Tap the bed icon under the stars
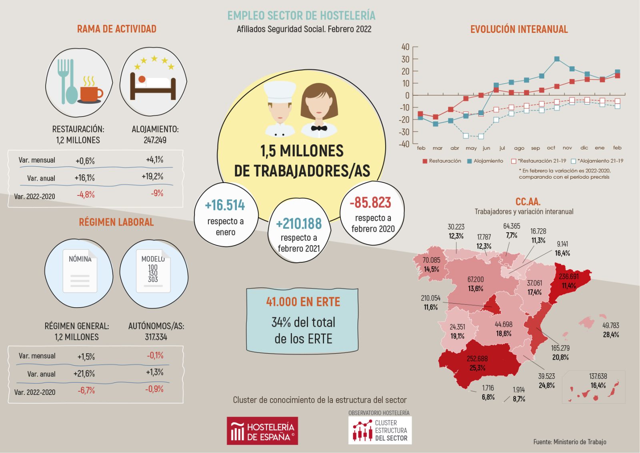tap(153, 86)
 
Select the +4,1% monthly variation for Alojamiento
tap(155, 159)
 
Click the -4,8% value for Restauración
tap(86, 195)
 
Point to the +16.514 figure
tap(225, 205)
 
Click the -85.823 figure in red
tap(370, 203)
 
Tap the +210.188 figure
tap(299, 223)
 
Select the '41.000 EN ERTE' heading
tap(303, 302)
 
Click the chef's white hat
tap(280, 91)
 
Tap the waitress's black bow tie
tap(319, 128)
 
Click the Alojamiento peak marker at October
tap(557, 59)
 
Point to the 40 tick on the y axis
tap(405, 47)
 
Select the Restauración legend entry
tap(442, 161)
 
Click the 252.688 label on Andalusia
tap(477, 358)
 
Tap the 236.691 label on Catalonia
tap(569, 276)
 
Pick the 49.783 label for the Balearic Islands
tap(610, 326)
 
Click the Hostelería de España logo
tap(262, 431)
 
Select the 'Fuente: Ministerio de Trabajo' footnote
tap(570, 442)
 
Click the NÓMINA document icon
tap(80, 271)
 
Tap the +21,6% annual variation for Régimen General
tap(84, 374)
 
